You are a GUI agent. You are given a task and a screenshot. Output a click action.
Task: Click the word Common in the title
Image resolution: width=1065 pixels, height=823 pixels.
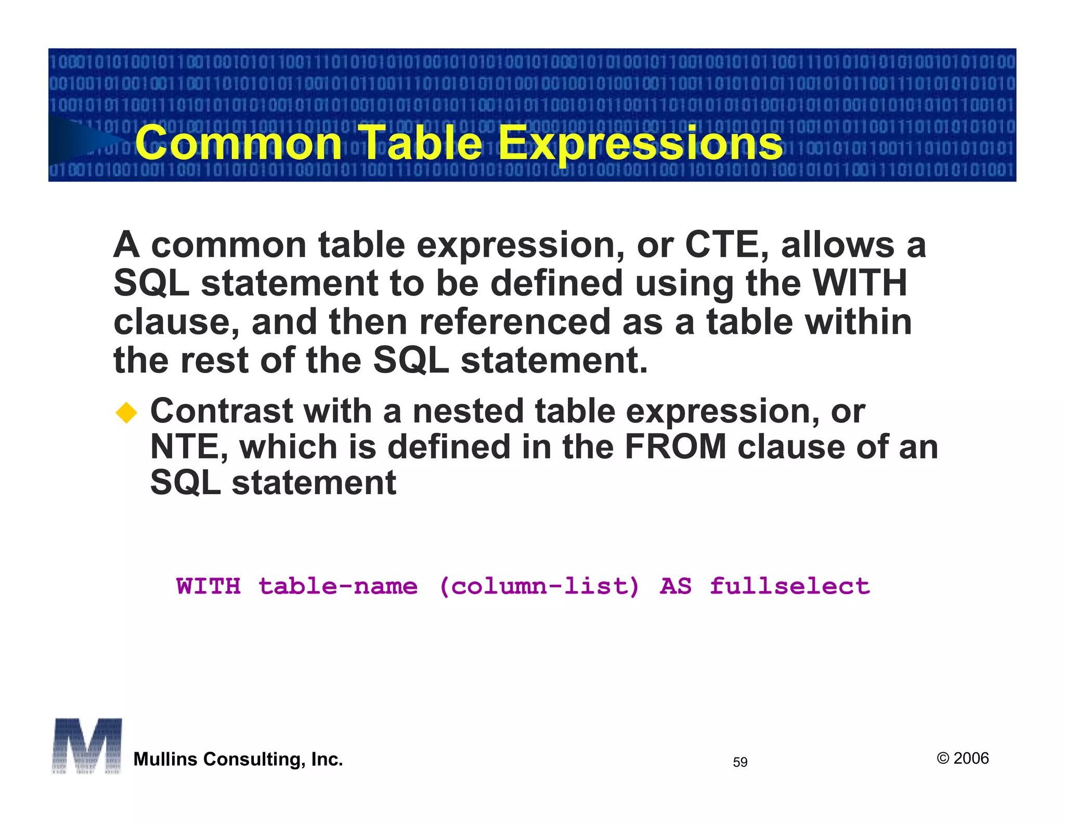[x=238, y=143]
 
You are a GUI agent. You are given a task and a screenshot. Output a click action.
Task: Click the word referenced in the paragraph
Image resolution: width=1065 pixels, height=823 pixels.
[x=515, y=322]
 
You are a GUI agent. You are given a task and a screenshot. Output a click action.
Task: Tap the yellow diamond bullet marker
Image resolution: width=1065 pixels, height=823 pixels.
[x=126, y=414]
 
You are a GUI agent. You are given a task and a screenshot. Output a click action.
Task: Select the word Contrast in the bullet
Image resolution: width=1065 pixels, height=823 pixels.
[x=220, y=411]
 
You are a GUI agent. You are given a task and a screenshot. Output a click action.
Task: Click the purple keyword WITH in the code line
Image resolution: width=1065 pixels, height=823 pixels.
[x=209, y=586]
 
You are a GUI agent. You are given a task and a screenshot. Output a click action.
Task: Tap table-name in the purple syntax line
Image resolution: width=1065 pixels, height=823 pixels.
[x=338, y=586]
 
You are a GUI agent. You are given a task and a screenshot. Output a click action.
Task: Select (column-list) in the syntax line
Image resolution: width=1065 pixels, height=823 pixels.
[x=539, y=586]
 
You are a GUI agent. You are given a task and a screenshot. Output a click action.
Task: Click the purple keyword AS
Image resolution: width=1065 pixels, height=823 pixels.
[x=675, y=586]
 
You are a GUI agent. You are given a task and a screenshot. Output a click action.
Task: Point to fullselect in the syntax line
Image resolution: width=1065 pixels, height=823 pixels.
[x=789, y=586]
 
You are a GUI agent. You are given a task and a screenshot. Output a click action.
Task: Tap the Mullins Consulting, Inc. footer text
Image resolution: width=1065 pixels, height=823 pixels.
[x=238, y=760]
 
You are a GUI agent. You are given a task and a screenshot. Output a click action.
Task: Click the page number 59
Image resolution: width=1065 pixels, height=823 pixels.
[x=739, y=762]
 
